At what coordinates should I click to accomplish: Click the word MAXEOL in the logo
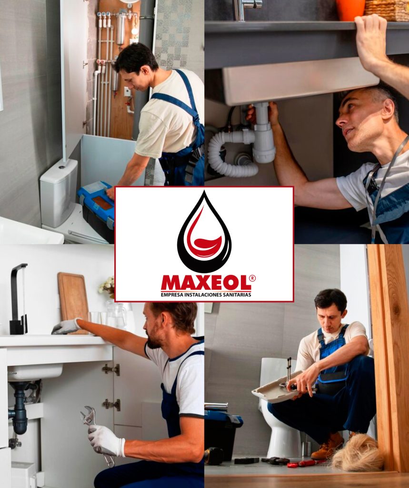pos(206,283)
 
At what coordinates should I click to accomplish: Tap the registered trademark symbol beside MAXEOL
pos(252,278)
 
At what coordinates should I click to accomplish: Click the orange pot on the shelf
pos(350,10)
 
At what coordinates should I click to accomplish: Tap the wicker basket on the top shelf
pos(387,10)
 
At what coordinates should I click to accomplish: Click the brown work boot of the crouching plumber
pos(328,446)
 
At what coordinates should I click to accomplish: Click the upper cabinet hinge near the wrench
pos(111,369)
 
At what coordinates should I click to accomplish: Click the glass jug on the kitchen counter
pos(116,315)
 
